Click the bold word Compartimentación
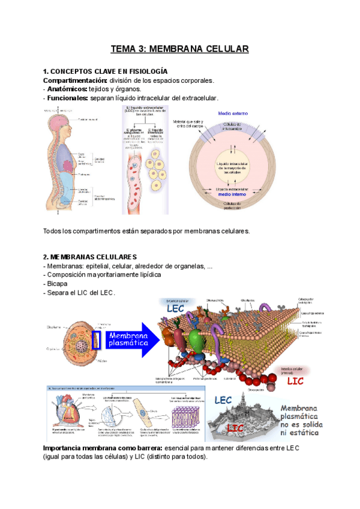(x=74, y=80)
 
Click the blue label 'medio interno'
(x=232, y=194)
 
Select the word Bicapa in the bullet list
(x=55, y=283)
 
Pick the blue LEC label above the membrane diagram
(x=175, y=309)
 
